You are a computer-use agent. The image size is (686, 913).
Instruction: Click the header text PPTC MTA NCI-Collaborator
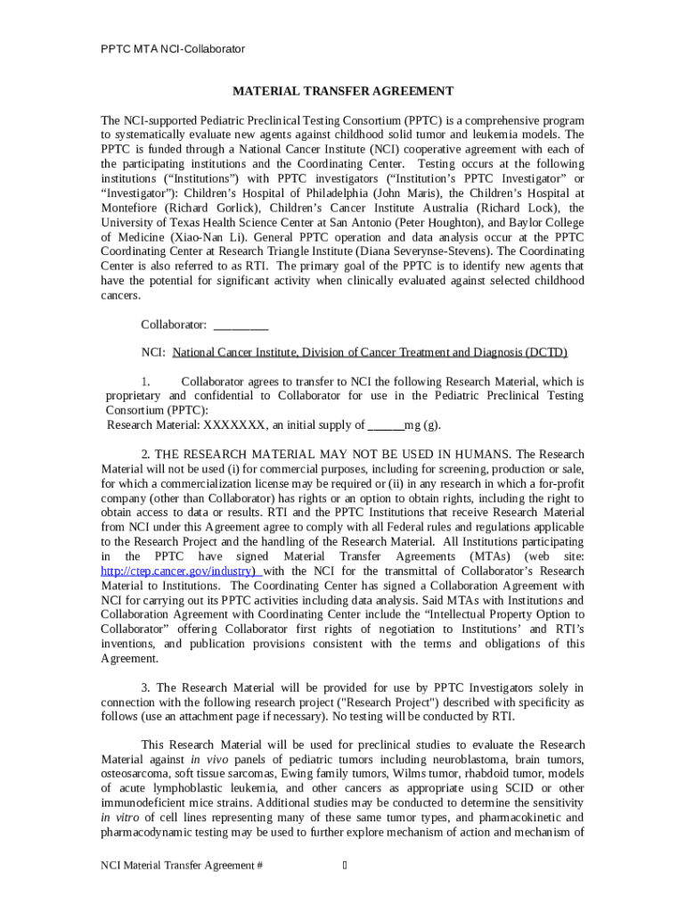[x=173, y=49]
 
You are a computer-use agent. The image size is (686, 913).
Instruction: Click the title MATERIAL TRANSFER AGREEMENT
[x=343, y=91]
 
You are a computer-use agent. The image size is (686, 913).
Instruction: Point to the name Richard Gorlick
[x=206, y=207]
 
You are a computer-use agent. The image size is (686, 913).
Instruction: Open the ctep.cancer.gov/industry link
[x=179, y=572]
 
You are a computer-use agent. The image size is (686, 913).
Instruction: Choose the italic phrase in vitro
[x=118, y=818]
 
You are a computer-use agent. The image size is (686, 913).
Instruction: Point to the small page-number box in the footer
[x=345, y=866]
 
